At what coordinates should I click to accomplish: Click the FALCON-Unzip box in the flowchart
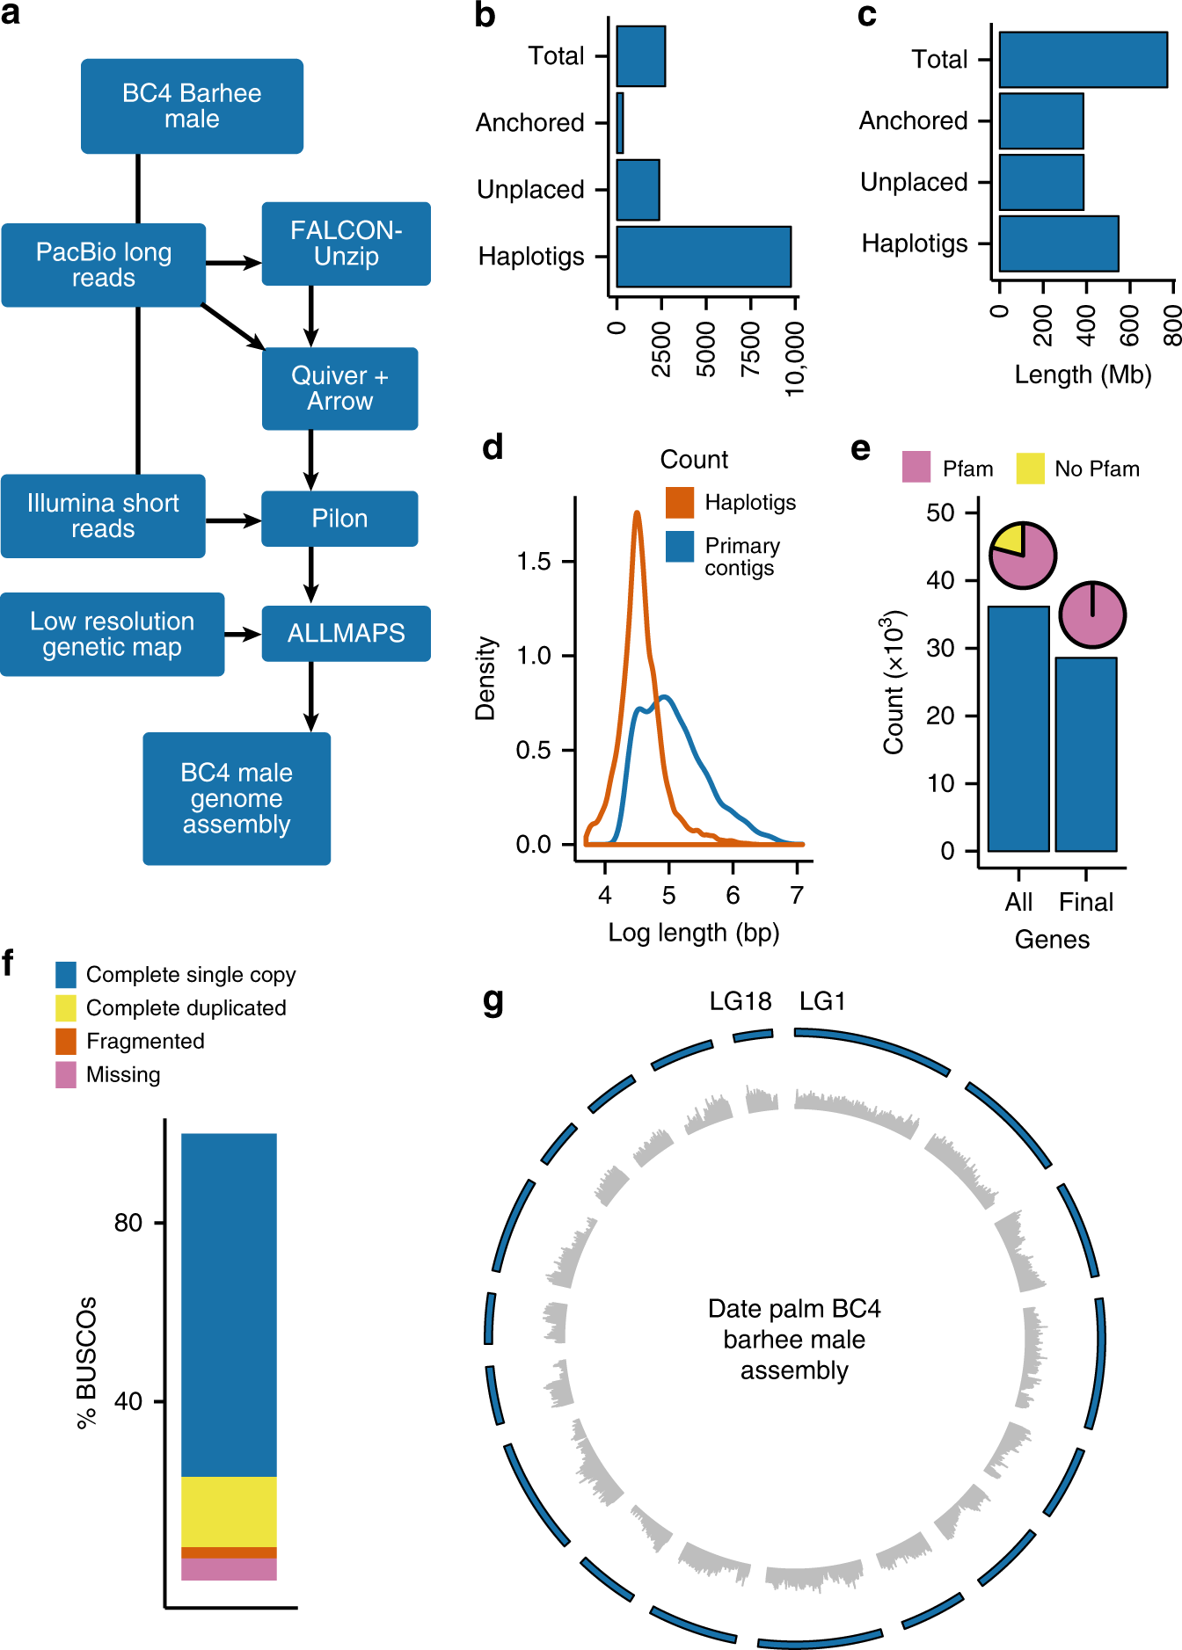coord(346,244)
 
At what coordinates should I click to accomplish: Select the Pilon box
coord(339,519)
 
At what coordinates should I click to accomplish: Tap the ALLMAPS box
coord(346,633)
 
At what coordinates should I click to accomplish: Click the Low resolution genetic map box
coord(112,634)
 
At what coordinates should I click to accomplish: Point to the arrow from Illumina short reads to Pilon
coord(233,520)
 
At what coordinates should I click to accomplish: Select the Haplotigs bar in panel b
coord(704,257)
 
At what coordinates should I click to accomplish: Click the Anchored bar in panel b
coord(620,123)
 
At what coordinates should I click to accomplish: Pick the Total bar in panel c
coord(1083,60)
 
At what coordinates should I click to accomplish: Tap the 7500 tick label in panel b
coord(750,349)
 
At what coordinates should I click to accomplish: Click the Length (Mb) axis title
coord(1083,374)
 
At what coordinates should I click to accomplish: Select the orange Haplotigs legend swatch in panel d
coord(680,503)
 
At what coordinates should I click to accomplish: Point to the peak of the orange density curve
coord(637,512)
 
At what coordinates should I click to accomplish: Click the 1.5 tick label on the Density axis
coord(534,561)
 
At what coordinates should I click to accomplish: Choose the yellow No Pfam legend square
coord(1030,468)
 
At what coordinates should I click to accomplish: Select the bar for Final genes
coord(1086,754)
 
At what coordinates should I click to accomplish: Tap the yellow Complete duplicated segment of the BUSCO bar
coord(229,1511)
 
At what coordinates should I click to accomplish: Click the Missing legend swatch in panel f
coord(66,1074)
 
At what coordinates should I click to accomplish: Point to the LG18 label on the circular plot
coord(741,1001)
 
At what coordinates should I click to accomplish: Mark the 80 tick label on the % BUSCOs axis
coord(128,1223)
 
